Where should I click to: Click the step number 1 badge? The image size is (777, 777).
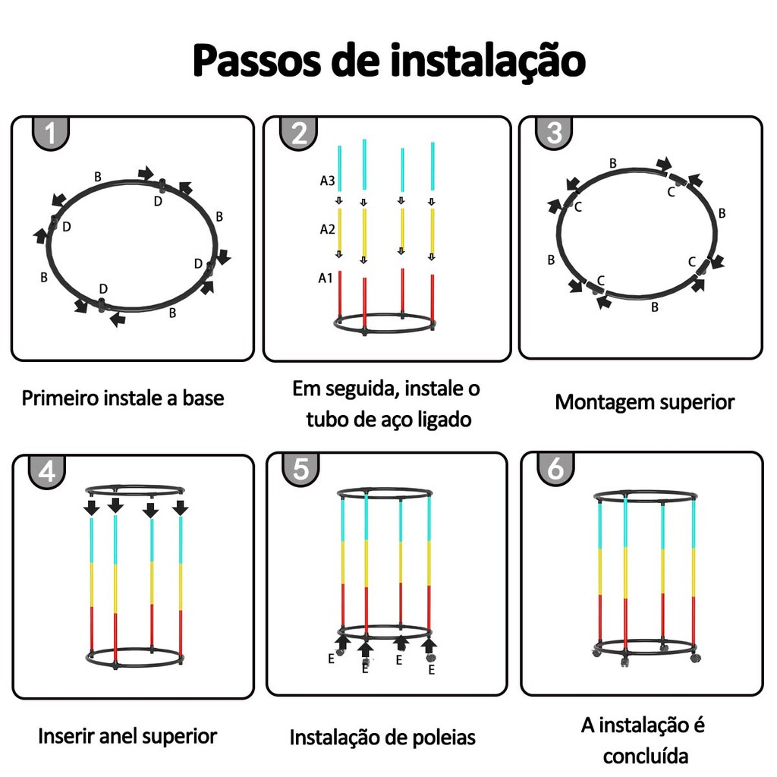click(51, 133)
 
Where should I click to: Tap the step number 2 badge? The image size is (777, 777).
click(298, 133)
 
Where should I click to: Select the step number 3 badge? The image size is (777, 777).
click(554, 132)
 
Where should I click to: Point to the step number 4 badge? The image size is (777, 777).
click(46, 471)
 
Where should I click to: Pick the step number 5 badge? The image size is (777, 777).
click(300, 469)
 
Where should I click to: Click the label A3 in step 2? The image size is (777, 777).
click(327, 181)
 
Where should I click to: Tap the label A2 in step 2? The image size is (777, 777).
click(327, 229)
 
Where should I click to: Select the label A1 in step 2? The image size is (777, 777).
click(325, 278)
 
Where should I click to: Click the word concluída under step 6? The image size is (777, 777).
click(646, 757)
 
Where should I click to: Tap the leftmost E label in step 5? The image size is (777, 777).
click(331, 659)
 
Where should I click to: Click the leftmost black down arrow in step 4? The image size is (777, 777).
click(91, 508)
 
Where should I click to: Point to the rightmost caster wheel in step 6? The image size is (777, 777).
click(696, 658)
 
